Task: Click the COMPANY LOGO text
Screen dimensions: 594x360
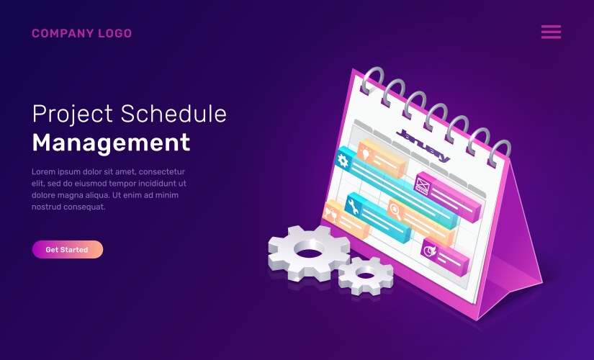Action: [82, 33]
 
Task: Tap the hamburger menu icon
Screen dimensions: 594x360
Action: [551, 32]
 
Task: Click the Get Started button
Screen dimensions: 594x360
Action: [68, 249]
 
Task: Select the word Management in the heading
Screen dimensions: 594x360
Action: [111, 143]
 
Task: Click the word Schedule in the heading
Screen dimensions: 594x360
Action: [174, 114]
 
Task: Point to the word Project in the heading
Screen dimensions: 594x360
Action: [72, 114]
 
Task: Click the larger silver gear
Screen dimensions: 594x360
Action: [309, 252]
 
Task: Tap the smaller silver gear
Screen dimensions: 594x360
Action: [366, 276]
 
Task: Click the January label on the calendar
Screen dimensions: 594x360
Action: [423, 145]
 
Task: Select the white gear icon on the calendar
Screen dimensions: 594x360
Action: [343, 161]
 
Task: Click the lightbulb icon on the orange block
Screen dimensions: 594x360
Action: [365, 153]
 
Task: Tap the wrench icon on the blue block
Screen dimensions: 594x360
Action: [353, 207]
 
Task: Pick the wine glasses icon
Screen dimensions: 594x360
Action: [330, 213]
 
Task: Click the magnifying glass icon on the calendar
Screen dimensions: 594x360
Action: [395, 211]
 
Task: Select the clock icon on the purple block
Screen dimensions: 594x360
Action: [430, 250]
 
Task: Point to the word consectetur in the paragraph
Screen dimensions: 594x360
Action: [162, 171]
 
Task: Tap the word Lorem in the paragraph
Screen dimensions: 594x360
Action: [42, 171]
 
